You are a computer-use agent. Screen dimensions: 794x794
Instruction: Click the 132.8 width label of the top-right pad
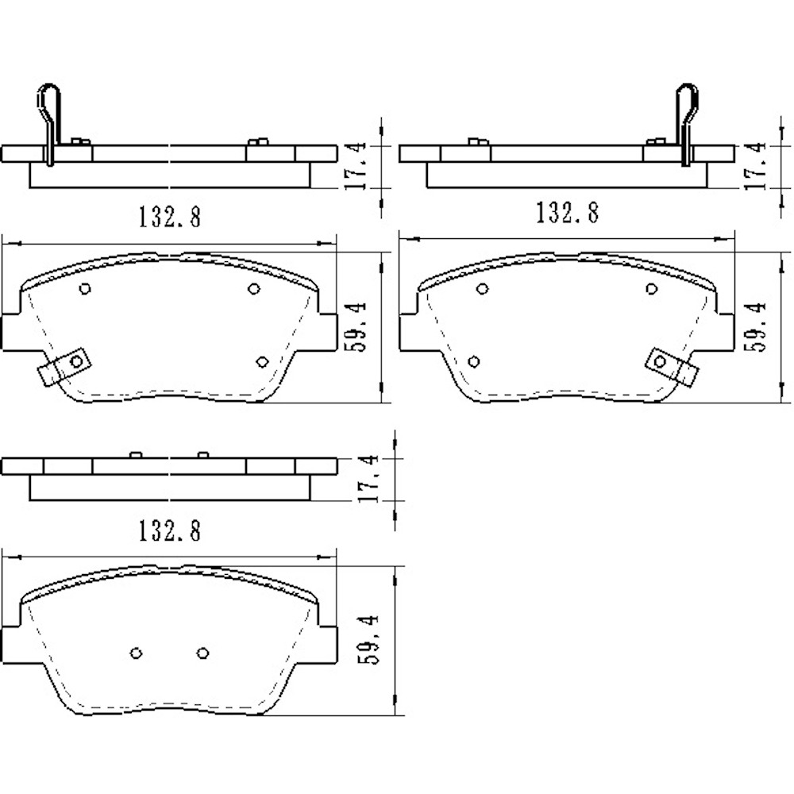567,213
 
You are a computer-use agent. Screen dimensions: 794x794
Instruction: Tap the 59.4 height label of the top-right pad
756,326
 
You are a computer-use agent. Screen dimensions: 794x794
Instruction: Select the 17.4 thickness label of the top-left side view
356,165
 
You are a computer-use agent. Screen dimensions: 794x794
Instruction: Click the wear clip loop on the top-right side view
687,103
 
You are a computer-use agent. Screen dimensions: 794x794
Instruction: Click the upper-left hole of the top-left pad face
85,289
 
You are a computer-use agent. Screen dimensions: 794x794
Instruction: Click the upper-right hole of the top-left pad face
254,288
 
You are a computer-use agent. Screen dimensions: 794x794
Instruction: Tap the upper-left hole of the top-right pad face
482,289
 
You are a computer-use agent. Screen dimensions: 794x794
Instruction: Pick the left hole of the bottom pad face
136,653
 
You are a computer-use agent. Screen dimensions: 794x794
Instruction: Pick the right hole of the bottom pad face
202,653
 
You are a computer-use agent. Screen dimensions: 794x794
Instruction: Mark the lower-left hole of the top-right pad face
474,362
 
